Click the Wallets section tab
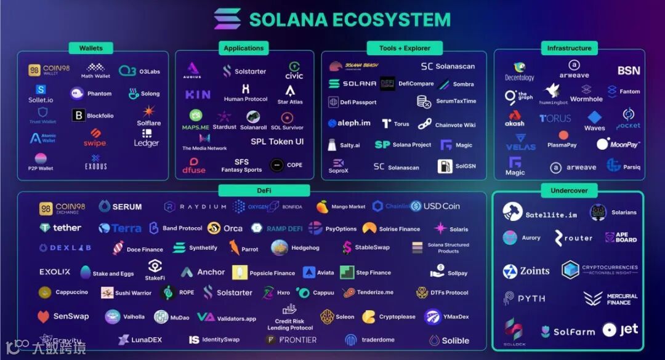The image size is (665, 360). (x=91, y=48)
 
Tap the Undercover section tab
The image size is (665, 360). (x=568, y=191)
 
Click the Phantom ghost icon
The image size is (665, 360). (x=77, y=94)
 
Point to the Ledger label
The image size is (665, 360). (x=147, y=143)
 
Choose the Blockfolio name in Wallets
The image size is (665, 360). (x=100, y=116)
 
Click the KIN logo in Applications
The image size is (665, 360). (x=198, y=95)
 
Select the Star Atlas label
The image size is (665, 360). (x=290, y=102)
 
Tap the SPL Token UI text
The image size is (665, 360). (x=277, y=142)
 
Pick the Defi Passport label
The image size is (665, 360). (x=358, y=102)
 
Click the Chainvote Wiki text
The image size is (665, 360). (x=455, y=125)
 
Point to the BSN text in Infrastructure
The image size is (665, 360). (x=629, y=71)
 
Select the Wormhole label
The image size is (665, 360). (x=586, y=99)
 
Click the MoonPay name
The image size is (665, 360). (x=624, y=145)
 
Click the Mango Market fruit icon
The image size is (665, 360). (x=322, y=207)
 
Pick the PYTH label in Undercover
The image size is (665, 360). (x=531, y=298)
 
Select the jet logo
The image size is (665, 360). (x=621, y=330)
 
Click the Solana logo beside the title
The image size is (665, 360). (x=227, y=19)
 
